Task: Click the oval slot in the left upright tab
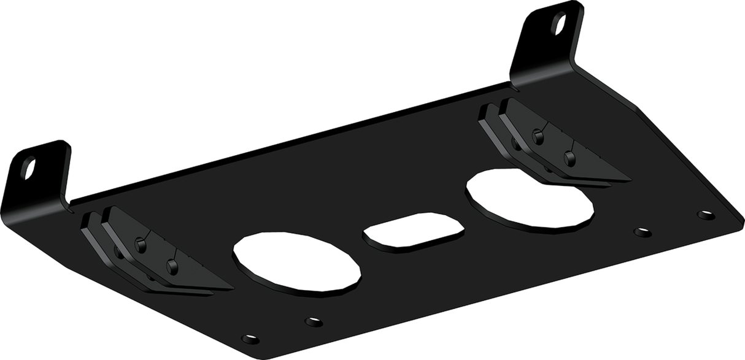tap(29, 168)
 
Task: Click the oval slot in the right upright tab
tap(559, 24)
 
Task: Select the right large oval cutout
tap(530, 198)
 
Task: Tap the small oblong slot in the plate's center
tap(413, 231)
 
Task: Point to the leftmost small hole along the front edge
tap(250, 339)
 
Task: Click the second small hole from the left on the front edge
tap(314, 321)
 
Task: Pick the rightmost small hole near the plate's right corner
tap(706, 215)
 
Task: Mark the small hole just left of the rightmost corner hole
tap(643, 232)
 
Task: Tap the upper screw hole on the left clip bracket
tap(141, 245)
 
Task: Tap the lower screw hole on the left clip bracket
tap(172, 266)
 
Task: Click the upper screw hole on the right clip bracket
tap(538, 137)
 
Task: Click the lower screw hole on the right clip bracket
tap(570, 159)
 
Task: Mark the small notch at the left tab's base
tap(71, 205)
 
